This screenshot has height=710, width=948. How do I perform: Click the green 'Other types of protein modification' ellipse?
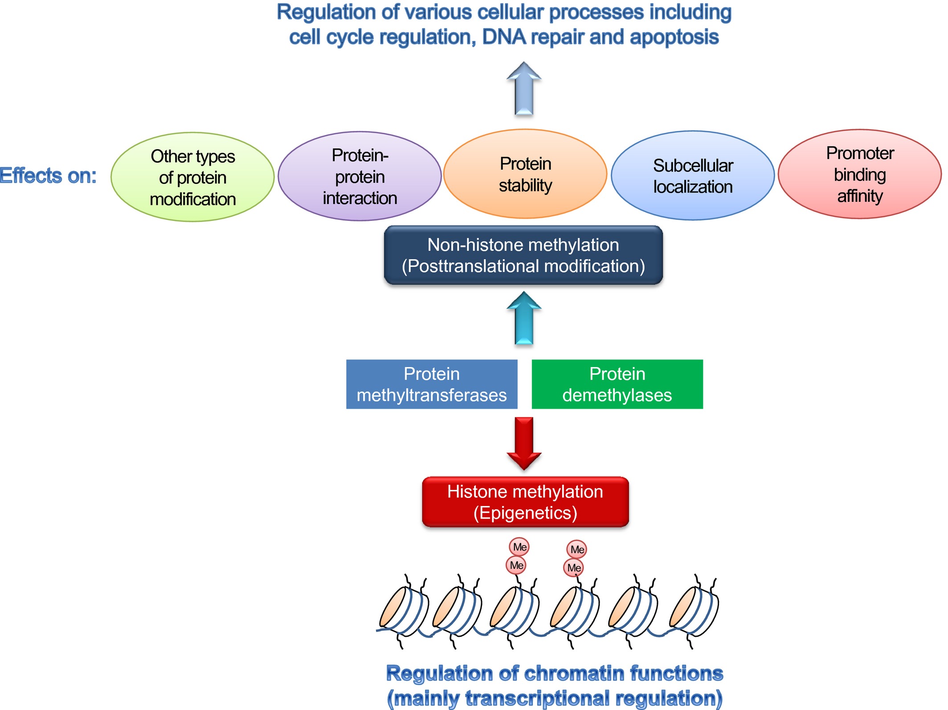tap(192, 177)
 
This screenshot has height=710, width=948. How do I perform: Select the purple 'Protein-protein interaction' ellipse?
tap(360, 176)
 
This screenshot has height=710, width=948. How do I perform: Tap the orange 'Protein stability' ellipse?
tap(525, 174)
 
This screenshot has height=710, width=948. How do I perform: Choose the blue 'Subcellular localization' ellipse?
tap(693, 175)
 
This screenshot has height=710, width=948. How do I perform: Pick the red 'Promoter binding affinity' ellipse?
tap(860, 174)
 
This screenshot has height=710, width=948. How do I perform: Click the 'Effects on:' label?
tap(48, 175)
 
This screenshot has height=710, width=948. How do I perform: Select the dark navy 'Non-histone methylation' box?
tap(523, 255)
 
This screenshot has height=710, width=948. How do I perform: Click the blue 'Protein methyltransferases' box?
tap(432, 384)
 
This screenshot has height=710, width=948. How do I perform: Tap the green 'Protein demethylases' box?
tap(617, 384)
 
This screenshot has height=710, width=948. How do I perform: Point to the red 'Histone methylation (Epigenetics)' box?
tap(525, 502)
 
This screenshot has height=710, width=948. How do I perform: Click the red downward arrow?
tap(524, 444)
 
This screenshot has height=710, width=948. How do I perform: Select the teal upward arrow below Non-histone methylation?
tap(524, 318)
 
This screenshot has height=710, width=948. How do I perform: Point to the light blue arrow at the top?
tap(524, 88)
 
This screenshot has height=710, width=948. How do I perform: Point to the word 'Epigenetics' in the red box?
tap(525, 513)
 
